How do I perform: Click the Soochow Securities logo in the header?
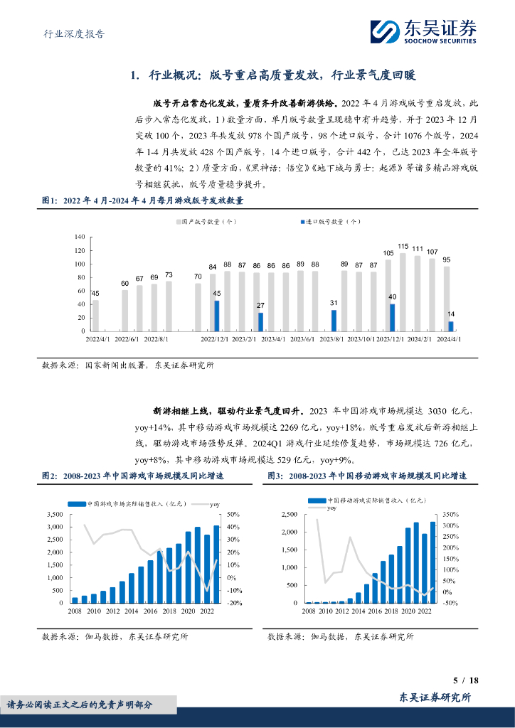click(424, 31)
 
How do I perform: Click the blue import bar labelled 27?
click(260, 321)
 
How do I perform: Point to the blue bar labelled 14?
click(451, 326)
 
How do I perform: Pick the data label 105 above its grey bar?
click(388, 253)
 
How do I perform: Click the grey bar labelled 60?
click(124, 310)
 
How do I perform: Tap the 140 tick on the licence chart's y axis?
click(79, 237)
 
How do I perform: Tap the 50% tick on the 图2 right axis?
click(233, 514)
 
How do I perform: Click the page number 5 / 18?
click(466, 680)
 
